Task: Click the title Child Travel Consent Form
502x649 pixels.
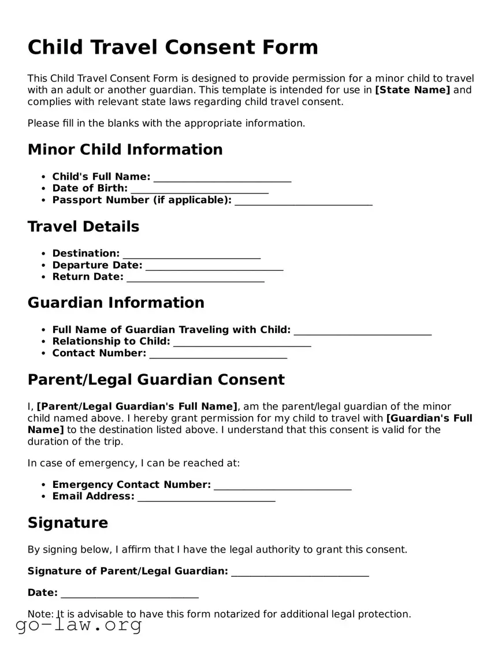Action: tap(173, 47)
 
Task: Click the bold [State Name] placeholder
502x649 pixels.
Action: tap(412, 89)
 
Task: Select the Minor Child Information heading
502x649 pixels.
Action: tap(125, 150)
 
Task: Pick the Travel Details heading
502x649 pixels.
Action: tap(83, 226)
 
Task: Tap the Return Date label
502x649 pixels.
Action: tap(88, 277)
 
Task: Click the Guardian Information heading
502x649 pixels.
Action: tap(116, 303)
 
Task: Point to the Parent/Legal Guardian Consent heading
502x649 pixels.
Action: tap(156, 380)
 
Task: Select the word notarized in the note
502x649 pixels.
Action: tap(236, 614)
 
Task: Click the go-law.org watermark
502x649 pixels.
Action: tap(79, 626)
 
